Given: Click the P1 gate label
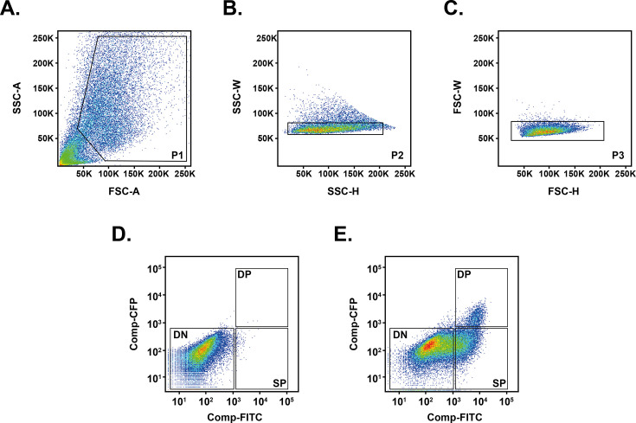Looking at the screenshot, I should tap(177, 154).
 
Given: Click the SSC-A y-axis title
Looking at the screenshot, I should tap(11, 97).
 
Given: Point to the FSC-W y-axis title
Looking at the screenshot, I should tap(459, 97).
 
